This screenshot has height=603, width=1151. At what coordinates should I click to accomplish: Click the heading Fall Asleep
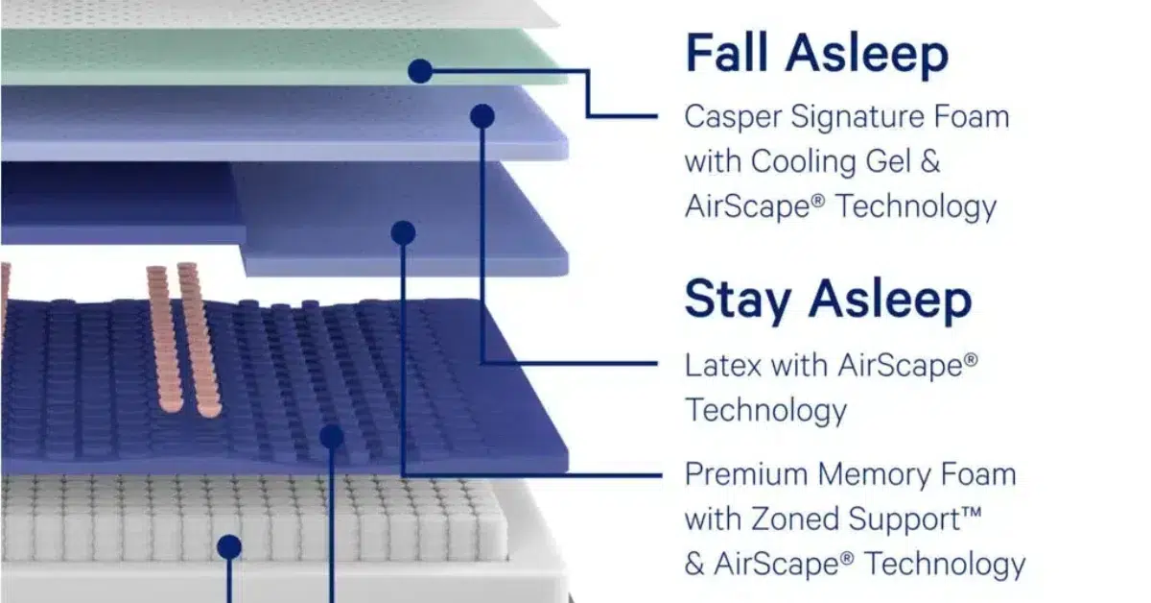(817, 54)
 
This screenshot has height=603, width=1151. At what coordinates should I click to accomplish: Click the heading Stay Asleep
(829, 300)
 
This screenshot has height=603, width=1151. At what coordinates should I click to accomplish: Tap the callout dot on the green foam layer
(420, 71)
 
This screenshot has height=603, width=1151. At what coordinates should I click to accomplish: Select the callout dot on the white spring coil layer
(229, 546)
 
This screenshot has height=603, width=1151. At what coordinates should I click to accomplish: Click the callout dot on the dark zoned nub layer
(332, 437)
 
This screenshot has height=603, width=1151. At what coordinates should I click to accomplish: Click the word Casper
(733, 117)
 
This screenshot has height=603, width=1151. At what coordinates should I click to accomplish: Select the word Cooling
(804, 161)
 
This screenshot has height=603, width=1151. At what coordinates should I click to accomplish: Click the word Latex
(723, 366)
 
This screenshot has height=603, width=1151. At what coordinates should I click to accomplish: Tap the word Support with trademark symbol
(915, 519)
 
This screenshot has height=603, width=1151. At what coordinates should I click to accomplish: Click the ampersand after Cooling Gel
(930, 161)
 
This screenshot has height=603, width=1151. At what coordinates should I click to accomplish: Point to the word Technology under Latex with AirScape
(766, 411)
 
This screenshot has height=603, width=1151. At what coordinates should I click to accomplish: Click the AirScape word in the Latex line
(908, 366)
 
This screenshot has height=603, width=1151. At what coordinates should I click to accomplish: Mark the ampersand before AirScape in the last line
(694, 564)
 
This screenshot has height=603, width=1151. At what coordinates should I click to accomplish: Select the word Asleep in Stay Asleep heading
(890, 300)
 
